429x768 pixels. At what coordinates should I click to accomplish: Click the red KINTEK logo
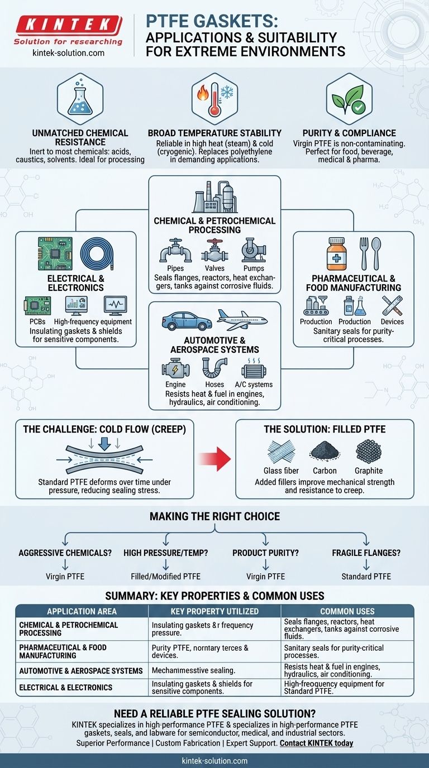coord(68,25)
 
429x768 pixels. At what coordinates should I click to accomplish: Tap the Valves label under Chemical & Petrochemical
coord(214,268)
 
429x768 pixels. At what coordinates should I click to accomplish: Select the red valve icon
coord(214,251)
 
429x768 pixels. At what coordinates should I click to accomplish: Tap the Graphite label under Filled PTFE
coord(368,471)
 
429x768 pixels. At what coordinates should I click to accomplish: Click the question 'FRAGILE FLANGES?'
coord(365,553)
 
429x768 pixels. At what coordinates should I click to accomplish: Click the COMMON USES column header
coord(347,611)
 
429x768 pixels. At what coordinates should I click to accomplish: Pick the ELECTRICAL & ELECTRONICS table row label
coord(66,687)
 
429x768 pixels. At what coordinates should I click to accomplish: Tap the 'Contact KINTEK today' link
coord(316,743)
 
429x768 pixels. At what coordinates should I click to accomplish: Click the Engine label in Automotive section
coord(175,384)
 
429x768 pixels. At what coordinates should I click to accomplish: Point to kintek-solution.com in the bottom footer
coord(214,761)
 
